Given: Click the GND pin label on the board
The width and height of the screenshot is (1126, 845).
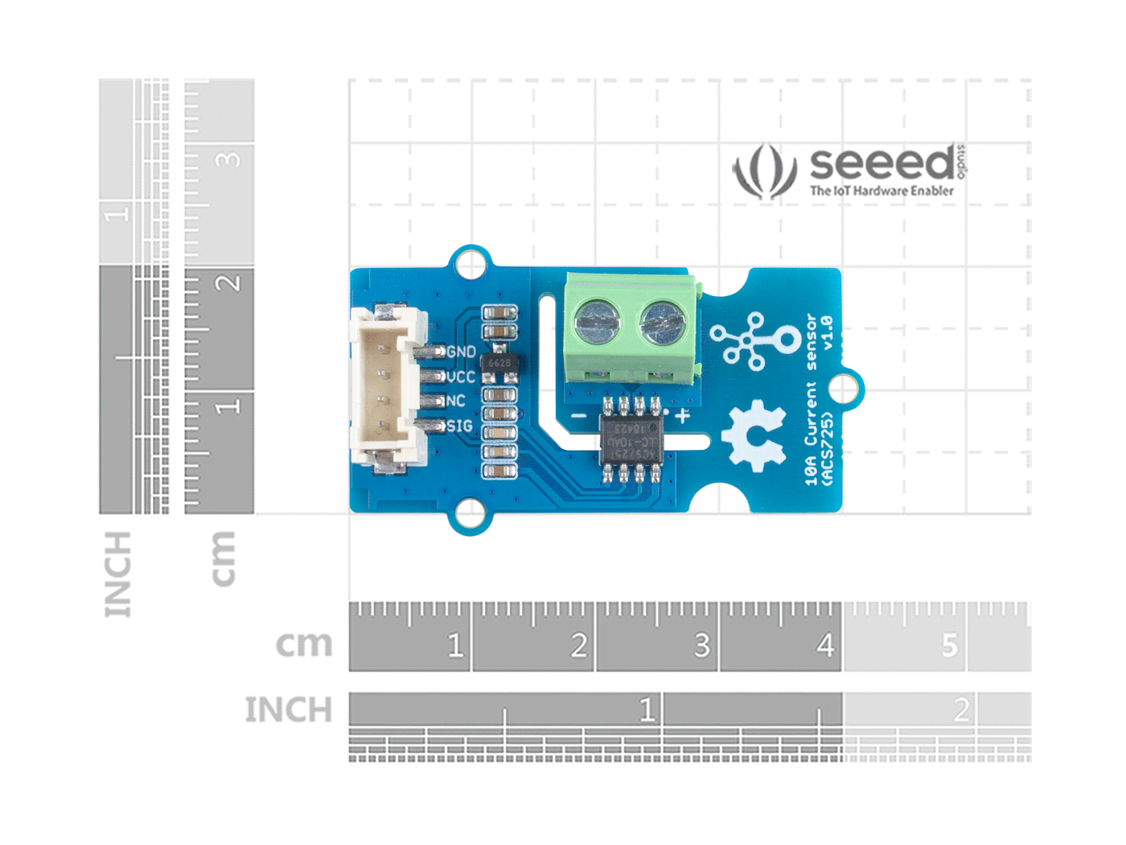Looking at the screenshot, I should [x=462, y=352].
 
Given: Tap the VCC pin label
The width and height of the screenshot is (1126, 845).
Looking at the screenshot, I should [x=461, y=377].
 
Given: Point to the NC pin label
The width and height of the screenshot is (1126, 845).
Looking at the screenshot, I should [x=455, y=401].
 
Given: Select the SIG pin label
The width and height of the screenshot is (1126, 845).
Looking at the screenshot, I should [x=459, y=426].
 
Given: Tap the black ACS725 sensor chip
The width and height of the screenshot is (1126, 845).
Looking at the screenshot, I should [x=631, y=439].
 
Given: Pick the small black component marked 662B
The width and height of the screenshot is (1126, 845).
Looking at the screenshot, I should [x=499, y=364].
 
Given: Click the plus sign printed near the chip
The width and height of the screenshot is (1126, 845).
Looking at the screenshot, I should [x=682, y=416].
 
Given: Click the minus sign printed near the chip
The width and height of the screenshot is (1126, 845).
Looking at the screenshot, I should [x=578, y=416].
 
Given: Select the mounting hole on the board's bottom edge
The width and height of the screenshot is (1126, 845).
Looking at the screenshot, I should [x=470, y=513].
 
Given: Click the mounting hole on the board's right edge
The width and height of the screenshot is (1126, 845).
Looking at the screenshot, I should [x=843, y=389].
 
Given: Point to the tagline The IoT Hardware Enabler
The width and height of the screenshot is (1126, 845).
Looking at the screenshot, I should [x=881, y=191].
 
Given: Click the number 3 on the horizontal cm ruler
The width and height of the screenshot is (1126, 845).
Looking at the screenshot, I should [x=701, y=645].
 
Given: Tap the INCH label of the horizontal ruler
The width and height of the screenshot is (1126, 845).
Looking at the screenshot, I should [x=288, y=710].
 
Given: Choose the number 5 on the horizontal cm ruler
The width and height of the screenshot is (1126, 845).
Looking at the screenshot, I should [x=949, y=645].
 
